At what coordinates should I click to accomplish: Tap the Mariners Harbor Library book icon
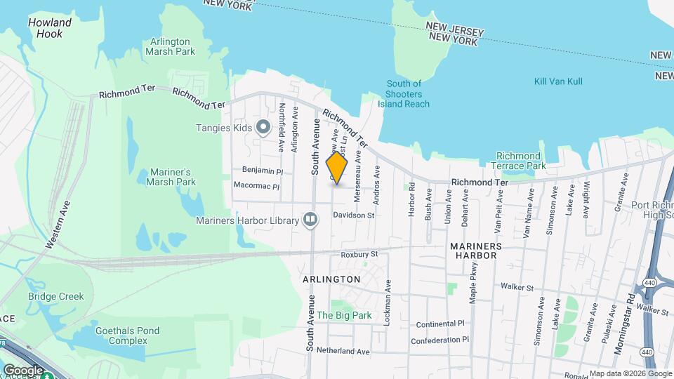(310, 220)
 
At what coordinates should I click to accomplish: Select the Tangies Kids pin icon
(263, 127)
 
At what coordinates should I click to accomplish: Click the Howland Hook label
(50, 28)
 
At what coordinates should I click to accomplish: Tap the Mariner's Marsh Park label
(173, 177)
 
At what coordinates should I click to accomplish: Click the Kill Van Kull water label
(558, 82)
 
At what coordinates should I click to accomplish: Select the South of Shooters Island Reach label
(404, 94)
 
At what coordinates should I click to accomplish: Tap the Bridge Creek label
(56, 296)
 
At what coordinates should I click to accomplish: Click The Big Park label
(344, 316)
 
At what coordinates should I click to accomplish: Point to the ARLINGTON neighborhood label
(331, 279)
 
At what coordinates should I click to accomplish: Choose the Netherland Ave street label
(343, 350)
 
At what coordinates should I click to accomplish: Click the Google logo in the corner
(23, 370)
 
